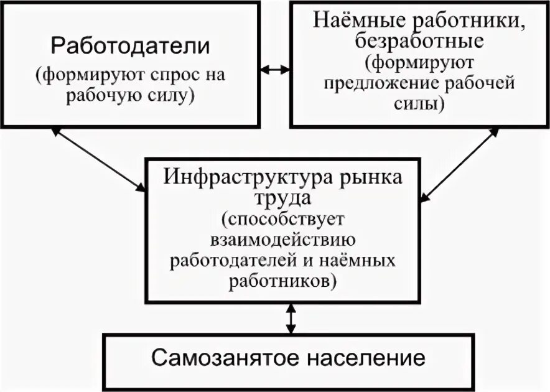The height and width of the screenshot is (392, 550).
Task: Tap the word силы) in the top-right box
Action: (419, 104)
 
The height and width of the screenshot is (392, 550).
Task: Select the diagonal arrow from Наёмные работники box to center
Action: (460, 165)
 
